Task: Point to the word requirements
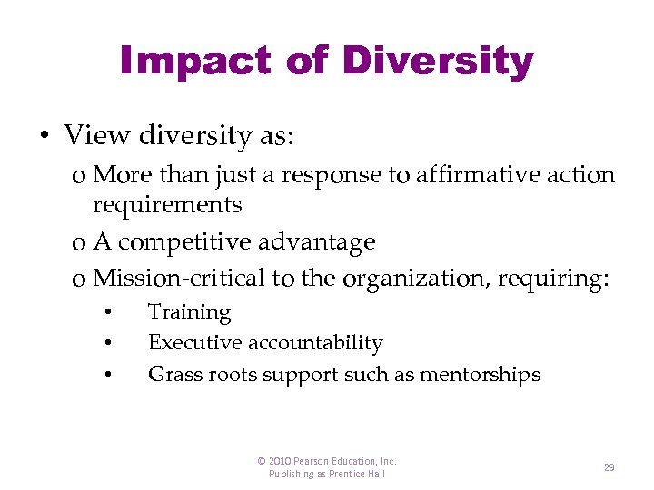point(167,205)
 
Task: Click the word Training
point(189,312)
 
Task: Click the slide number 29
point(609,467)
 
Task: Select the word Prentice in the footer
point(349,474)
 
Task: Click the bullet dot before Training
point(107,313)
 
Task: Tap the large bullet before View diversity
point(44,136)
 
